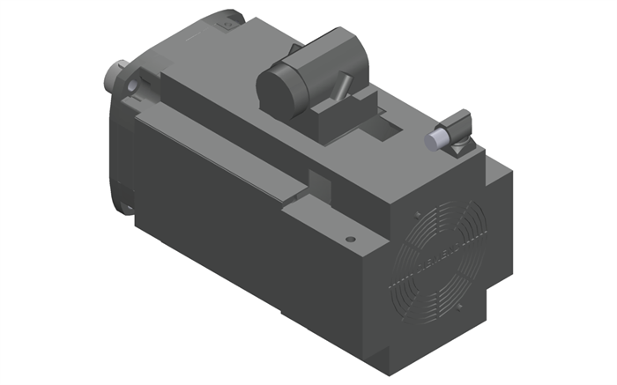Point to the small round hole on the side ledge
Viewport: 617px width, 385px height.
coord(351,238)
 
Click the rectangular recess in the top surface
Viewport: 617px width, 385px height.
coord(385,132)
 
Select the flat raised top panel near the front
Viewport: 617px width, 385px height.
coord(212,79)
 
